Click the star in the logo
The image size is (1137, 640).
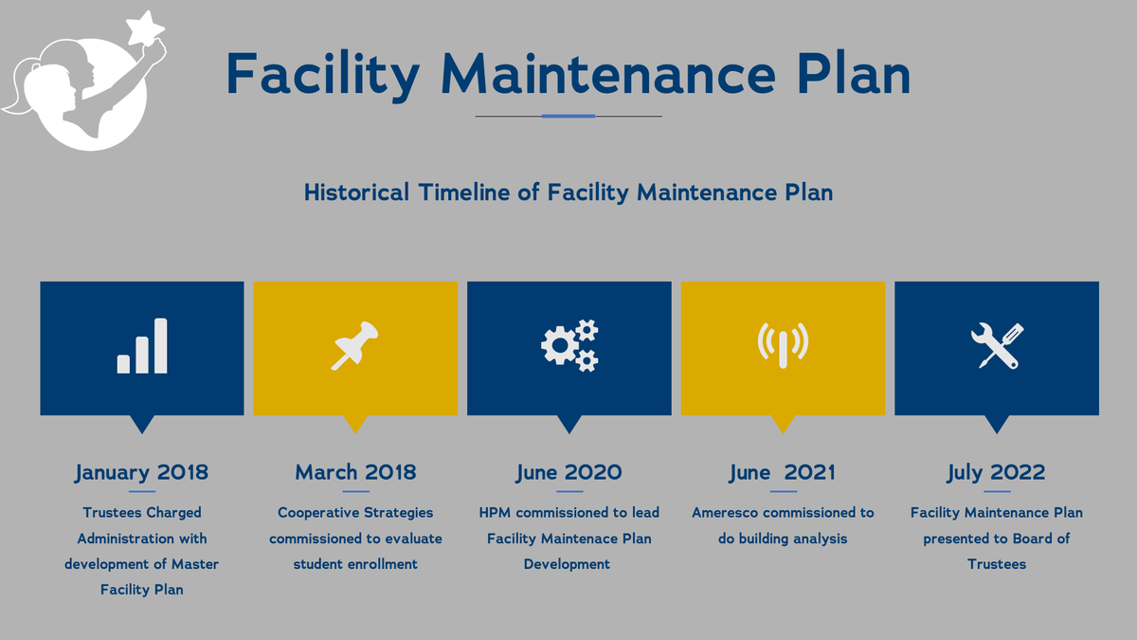click(x=145, y=27)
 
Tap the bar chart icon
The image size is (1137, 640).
click(x=142, y=346)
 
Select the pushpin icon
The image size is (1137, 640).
click(x=354, y=345)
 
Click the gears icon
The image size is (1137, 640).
click(x=569, y=345)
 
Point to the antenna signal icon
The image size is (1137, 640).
click(x=784, y=345)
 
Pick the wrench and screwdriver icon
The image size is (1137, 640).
click(x=997, y=345)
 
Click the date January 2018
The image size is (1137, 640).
click(x=141, y=473)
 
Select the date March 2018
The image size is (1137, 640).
click(x=355, y=472)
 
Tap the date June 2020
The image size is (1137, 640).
click(x=569, y=473)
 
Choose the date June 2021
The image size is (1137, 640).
click(x=783, y=473)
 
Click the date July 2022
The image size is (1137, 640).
click(x=997, y=473)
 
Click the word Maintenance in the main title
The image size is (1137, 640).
click(x=608, y=75)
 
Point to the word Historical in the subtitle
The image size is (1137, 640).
click(x=356, y=192)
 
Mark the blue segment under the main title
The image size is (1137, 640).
click(x=568, y=117)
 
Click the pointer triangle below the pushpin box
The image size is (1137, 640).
click(x=355, y=424)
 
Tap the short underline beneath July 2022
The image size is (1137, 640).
click(x=997, y=492)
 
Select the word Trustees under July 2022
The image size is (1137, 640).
click(x=997, y=564)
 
